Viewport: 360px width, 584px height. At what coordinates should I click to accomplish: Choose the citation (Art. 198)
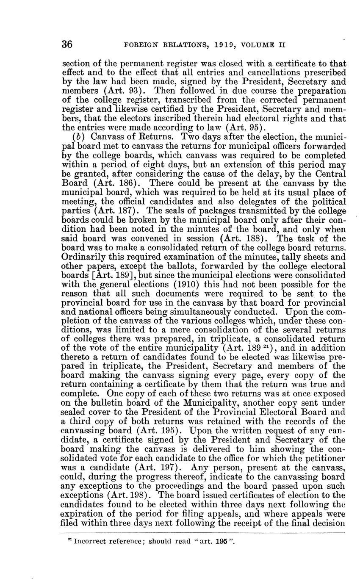[x=140, y=494]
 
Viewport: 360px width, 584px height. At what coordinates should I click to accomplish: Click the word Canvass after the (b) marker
[x=104, y=137]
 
